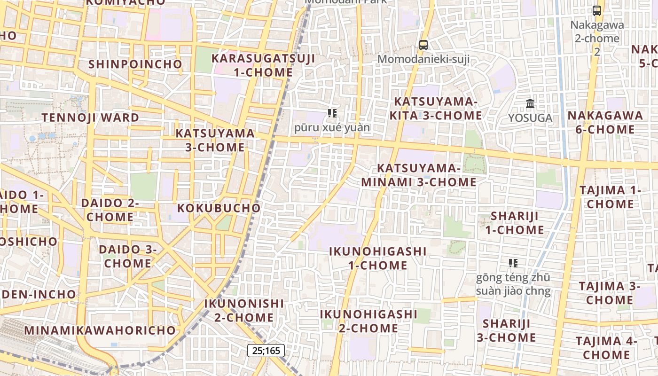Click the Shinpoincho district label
135,64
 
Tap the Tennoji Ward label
90,117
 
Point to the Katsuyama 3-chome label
215,140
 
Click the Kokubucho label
219,208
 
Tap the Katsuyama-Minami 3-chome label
419,175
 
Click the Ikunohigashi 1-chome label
377,258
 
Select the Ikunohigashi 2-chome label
368,321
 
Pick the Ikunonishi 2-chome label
244,310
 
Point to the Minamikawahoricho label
100,330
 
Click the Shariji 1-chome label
515,223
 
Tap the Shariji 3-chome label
507,330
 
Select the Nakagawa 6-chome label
605,122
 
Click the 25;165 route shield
266,351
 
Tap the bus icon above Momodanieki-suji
423,45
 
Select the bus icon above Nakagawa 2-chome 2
597,10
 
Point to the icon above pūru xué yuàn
332,113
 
